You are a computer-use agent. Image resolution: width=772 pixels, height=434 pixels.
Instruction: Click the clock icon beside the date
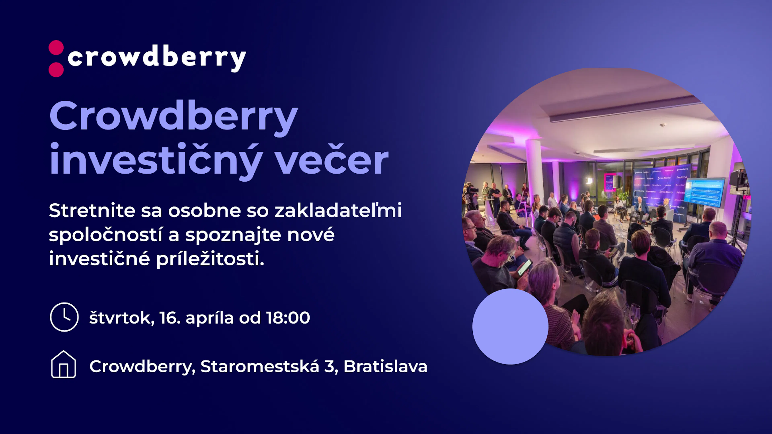[x=64, y=317]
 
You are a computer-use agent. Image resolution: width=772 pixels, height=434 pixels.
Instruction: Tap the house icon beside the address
[x=64, y=364]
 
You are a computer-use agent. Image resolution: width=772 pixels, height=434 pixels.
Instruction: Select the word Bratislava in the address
[x=385, y=366]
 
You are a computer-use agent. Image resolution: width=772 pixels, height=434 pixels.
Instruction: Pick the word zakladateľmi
[x=338, y=210]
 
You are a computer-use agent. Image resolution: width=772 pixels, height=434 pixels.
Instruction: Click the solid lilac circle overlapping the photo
[x=510, y=327]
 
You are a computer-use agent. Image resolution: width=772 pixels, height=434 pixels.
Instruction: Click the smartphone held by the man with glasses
[x=525, y=267]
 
